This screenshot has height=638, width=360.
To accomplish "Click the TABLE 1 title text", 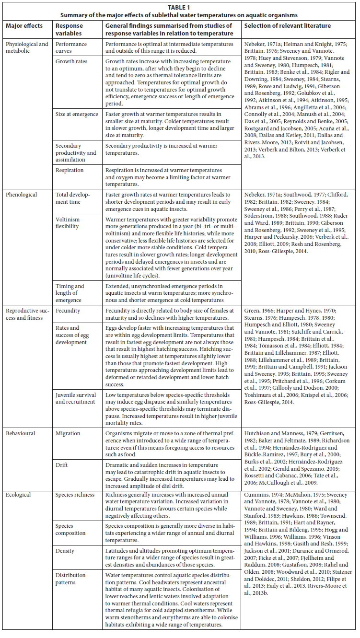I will click(179, 7).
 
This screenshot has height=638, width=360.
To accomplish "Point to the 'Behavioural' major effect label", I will click(21, 433).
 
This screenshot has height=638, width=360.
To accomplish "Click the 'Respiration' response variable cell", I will click(70, 170).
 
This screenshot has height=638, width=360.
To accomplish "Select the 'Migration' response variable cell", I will click(68, 433).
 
